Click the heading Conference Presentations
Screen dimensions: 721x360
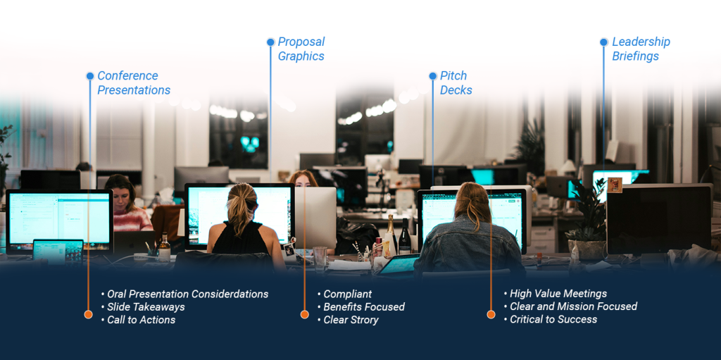click(x=134, y=83)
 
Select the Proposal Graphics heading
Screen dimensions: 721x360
click(x=301, y=49)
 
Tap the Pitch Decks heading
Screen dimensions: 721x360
click(x=456, y=83)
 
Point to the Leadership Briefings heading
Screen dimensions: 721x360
click(x=641, y=49)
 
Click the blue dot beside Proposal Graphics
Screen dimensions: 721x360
click(x=270, y=42)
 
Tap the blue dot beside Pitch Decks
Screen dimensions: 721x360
click(x=433, y=76)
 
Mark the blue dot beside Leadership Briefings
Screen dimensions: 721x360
click(x=603, y=42)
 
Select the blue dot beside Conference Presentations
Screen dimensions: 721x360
click(x=90, y=76)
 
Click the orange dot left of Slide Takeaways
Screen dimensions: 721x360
click(x=88, y=314)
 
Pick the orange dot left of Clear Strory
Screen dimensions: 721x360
click(x=304, y=314)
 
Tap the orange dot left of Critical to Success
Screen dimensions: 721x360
click(x=491, y=314)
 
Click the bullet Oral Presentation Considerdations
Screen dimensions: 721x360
click(x=185, y=294)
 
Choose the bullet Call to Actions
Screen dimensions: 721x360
click(x=139, y=319)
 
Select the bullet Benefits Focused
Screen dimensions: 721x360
click(x=361, y=306)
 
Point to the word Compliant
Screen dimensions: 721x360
click(x=348, y=294)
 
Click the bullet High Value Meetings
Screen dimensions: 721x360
click(x=556, y=294)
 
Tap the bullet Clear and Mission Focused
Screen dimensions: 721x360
click(x=570, y=306)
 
